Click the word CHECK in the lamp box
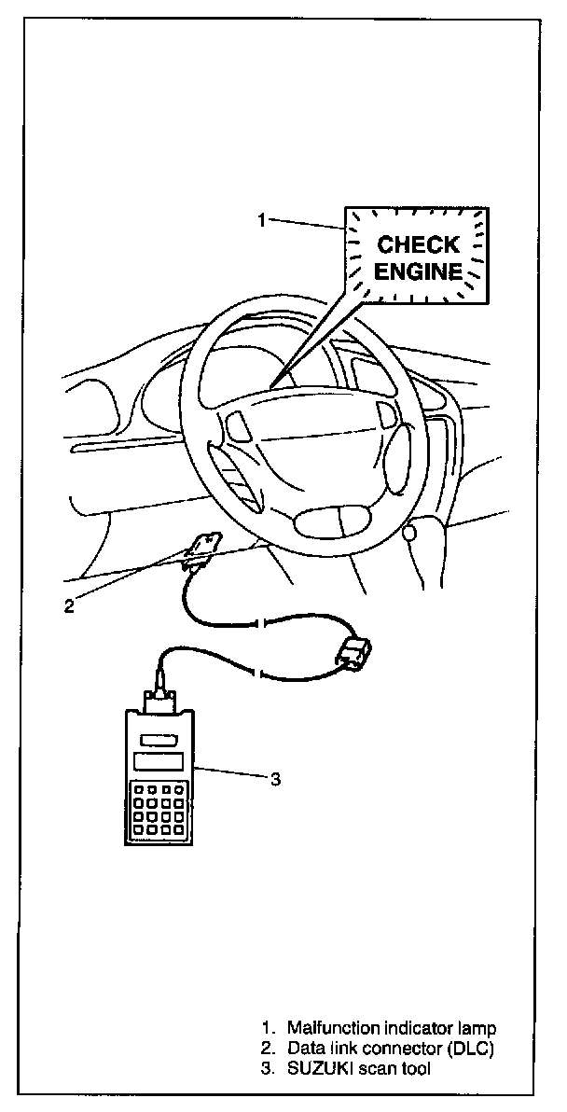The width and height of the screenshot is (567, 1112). coord(418,245)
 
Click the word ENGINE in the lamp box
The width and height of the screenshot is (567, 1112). coord(419,272)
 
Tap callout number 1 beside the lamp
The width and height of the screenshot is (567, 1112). coord(262,220)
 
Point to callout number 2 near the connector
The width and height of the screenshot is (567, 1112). coord(69,605)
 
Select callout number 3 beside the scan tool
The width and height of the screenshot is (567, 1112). coord(275,780)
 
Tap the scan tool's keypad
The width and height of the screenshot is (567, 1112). coord(157,809)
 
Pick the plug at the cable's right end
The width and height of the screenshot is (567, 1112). coord(355,652)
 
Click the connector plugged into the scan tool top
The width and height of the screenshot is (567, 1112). coord(158,698)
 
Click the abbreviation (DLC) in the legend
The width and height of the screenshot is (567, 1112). coord(467,1049)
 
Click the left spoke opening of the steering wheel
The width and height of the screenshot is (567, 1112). coord(237,426)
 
